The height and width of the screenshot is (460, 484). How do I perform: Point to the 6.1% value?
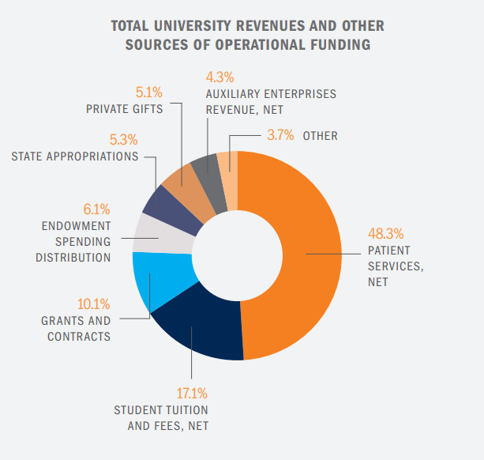point(96,209)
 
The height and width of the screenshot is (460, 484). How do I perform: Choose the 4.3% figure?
point(220,77)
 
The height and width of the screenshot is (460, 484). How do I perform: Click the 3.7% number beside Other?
point(280,135)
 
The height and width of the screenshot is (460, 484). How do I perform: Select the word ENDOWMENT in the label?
point(76,226)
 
